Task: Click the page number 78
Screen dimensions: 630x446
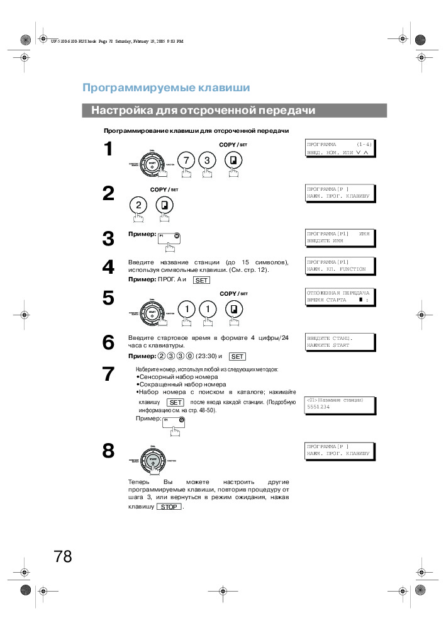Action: pyautogui.click(x=63, y=556)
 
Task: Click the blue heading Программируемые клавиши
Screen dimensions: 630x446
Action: pyautogui.click(x=166, y=87)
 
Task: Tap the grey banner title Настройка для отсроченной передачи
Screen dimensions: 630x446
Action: pyautogui.click(x=203, y=111)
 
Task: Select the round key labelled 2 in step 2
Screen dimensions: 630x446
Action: pyautogui.click(x=138, y=205)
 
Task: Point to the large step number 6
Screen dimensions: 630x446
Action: pyautogui.click(x=108, y=343)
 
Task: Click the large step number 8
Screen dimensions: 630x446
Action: pyautogui.click(x=108, y=451)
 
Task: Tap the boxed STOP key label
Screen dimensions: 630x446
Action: pyautogui.click(x=168, y=507)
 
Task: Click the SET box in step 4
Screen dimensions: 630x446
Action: pyautogui.click(x=201, y=279)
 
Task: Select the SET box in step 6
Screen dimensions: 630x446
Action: pyautogui.click(x=238, y=356)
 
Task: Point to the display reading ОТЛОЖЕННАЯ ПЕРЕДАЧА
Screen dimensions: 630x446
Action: pyautogui.click(x=340, y=296)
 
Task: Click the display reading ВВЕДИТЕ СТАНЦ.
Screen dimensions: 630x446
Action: pyautogui.click(x=340, y=342)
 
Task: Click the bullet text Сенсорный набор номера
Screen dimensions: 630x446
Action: pyautogui.click(x=178, y=377)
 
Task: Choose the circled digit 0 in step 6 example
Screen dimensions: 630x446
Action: pyautogui.click(x=190, y=356)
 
